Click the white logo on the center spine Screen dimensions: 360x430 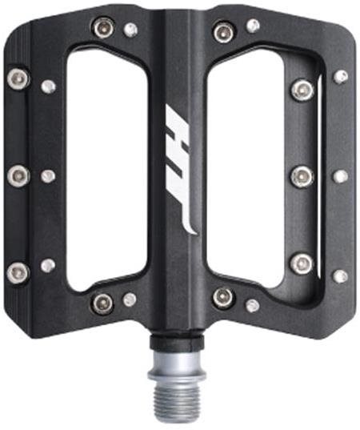179,170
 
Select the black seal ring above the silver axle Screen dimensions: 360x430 177,341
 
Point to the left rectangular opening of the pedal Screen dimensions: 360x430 107,169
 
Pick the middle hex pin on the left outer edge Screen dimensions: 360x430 18,176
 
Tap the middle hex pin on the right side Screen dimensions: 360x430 302,177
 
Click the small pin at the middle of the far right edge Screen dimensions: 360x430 341,176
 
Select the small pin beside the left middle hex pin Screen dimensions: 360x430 48,176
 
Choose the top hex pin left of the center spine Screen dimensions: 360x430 103,27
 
